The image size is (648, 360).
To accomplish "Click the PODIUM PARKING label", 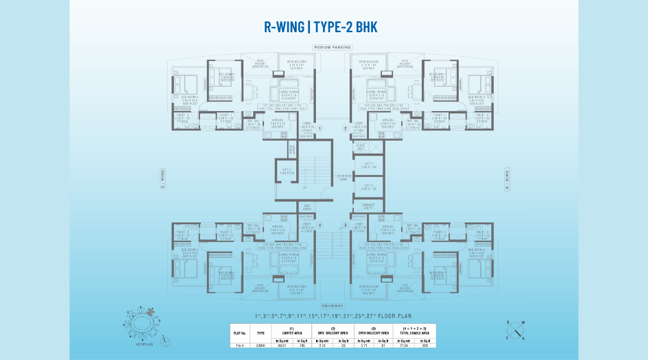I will tap(332, 47).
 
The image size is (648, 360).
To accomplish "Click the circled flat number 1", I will tap(320, 128).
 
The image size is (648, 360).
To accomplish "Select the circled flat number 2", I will tap(345, 128).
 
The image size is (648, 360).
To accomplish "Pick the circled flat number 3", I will tap(345, 224).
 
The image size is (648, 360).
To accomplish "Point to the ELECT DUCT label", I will tap(361, 147).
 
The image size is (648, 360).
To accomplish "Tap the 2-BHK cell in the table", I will tap(260, 346).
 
